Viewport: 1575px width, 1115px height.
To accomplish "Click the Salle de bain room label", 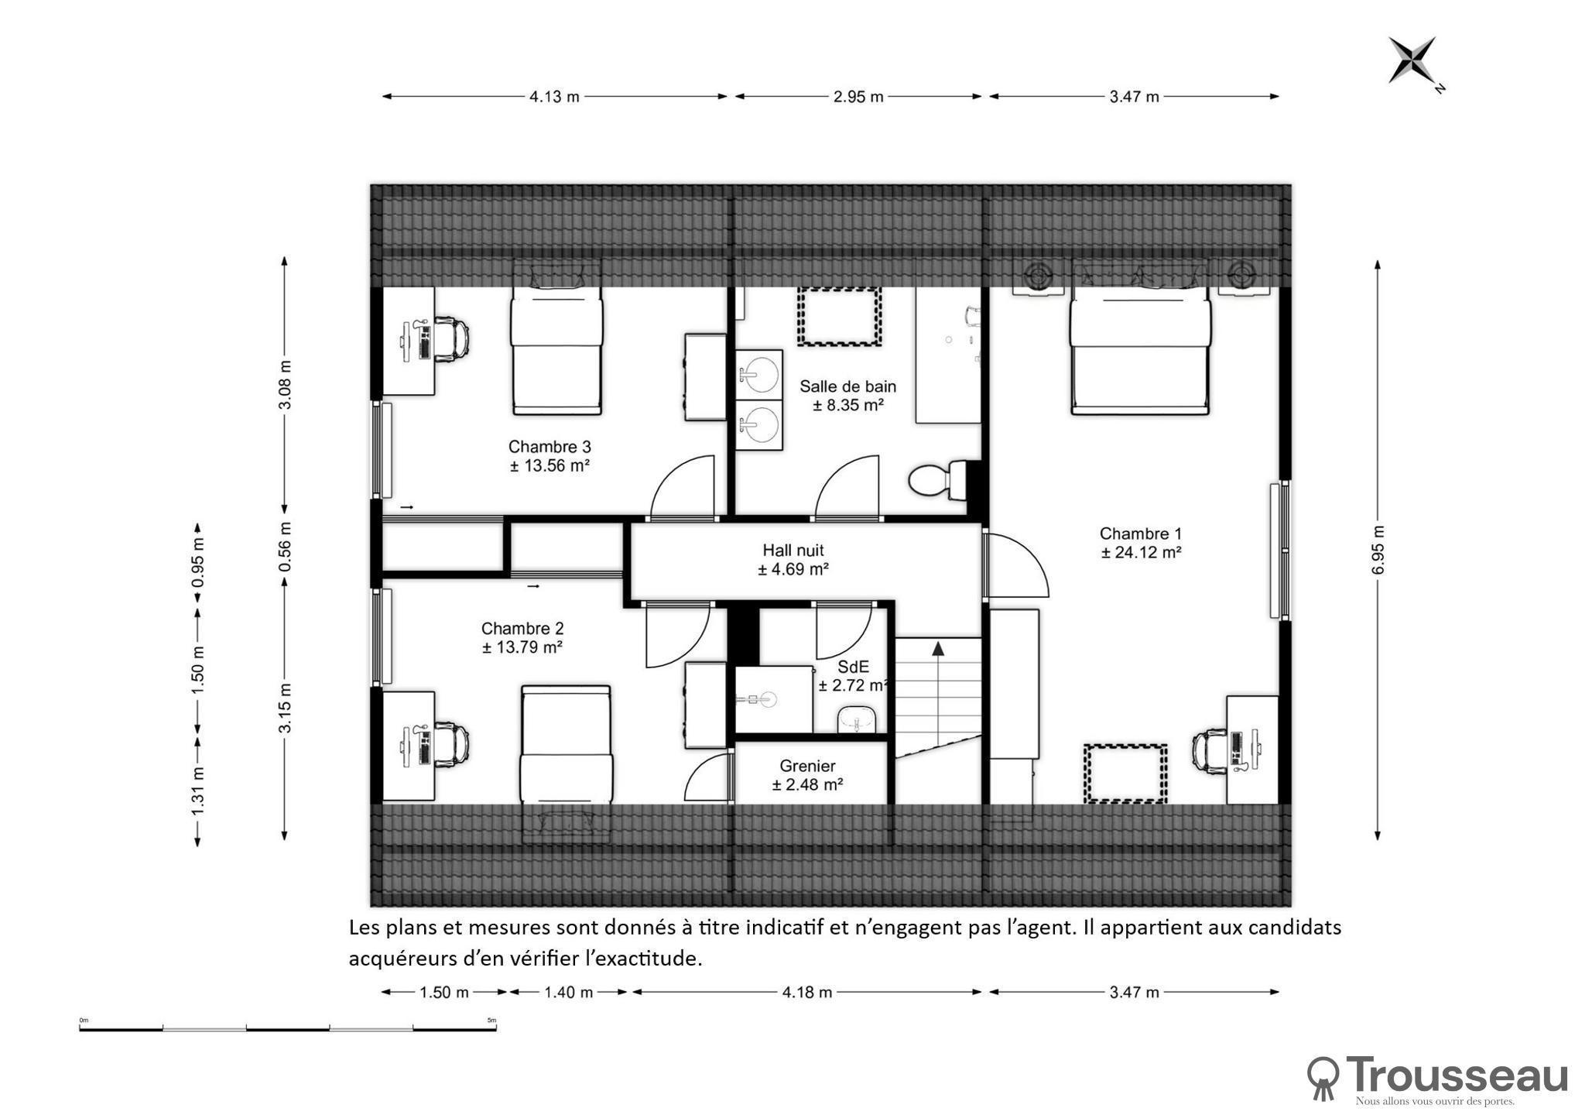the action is pos(847,386).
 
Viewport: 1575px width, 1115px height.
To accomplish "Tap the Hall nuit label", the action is pos(793,551).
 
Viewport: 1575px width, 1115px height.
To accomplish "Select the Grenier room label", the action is pos(807,766).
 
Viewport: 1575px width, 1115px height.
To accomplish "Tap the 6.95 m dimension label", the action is pos(1378,550).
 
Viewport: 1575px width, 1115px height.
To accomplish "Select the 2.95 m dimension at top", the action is pos(858,97).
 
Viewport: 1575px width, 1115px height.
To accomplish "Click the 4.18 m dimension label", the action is pos(806,992).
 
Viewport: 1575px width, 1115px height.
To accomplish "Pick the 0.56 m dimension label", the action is pos(285,545).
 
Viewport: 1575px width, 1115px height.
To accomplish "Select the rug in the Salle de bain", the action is pos(840,316).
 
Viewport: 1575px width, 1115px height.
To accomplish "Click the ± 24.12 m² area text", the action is pos(1141,552).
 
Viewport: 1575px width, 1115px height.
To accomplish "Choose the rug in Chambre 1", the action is pos(1125,773).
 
